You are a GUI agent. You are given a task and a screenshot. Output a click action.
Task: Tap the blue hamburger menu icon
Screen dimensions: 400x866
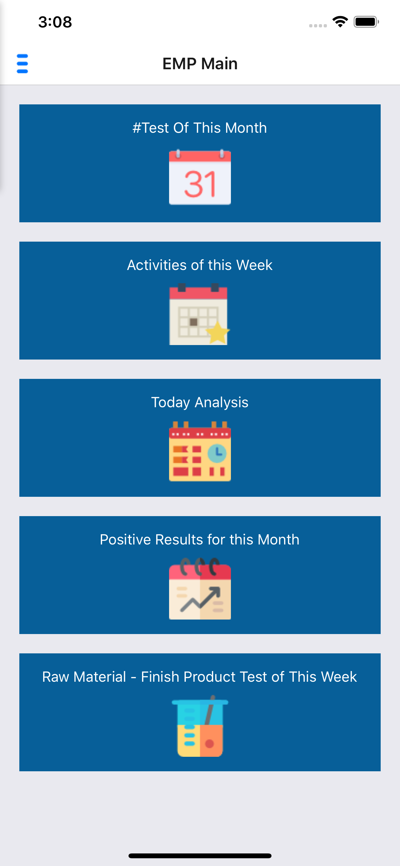click(x=22, y=63)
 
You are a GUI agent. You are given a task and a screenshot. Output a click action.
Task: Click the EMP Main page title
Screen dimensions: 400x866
click(x=200, y=63)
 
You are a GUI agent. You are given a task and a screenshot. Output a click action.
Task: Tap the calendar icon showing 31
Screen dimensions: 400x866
click(x=200, y=177)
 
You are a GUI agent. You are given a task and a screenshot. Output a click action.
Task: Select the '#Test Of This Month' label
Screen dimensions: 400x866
click(x=200, y=128)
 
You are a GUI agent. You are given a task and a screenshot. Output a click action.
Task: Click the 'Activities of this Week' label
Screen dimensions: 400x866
click(x=200, y=265)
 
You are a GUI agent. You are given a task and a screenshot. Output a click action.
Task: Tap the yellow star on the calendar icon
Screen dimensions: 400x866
click(x=217, y=332)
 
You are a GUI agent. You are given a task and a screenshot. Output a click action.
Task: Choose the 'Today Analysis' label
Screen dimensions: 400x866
click(x=200, y=402)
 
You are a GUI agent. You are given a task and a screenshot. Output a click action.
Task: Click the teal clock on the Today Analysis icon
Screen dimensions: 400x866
click(x=217, y=453)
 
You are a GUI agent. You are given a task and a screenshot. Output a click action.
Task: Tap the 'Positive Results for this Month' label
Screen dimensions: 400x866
click(x=200, y=540)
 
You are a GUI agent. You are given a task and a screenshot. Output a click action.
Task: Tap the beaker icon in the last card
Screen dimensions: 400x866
click(x=200, y=726)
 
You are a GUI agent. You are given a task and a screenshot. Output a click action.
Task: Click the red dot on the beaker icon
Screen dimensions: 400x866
click(x=209, y=744)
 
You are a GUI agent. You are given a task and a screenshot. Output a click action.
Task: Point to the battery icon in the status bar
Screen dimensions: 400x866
click(x=366, y=22)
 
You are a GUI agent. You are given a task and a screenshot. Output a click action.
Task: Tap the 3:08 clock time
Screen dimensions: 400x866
click(x=55, y=22)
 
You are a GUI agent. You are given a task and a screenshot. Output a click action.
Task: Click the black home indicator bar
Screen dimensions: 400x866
click(x=200, y=856)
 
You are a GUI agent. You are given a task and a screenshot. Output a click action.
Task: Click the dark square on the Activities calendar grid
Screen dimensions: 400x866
click(x=194, y=322)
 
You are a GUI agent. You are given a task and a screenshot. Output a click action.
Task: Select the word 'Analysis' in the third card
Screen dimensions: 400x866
click(x=222, y=402)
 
